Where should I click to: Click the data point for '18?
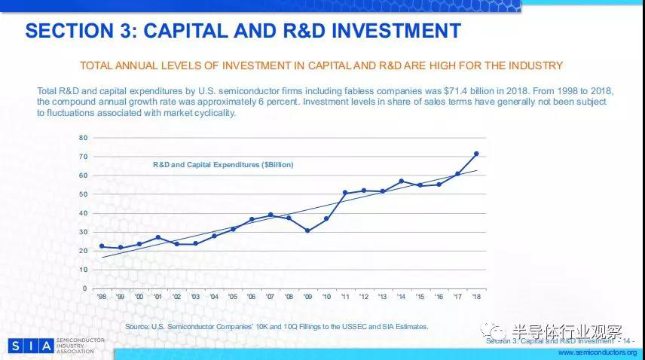pos(476,154)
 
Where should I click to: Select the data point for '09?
pos(307,230)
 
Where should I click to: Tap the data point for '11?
pos(345,193)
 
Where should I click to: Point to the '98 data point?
pos(102,246)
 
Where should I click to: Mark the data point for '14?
pos(401,181)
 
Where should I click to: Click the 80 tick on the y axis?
pos(84,138)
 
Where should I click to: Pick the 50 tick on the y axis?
pos(84,194)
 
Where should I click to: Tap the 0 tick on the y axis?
pos(86,288)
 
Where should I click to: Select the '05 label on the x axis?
pos(233,296)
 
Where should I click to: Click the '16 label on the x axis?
pos(439,296)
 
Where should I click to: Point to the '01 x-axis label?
pos(157,296)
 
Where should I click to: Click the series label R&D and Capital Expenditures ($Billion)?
pos(223,164)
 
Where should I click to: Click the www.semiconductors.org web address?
pos(597,352)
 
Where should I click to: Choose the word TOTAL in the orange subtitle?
pos(98,66)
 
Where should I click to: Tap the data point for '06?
pos(252,219)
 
